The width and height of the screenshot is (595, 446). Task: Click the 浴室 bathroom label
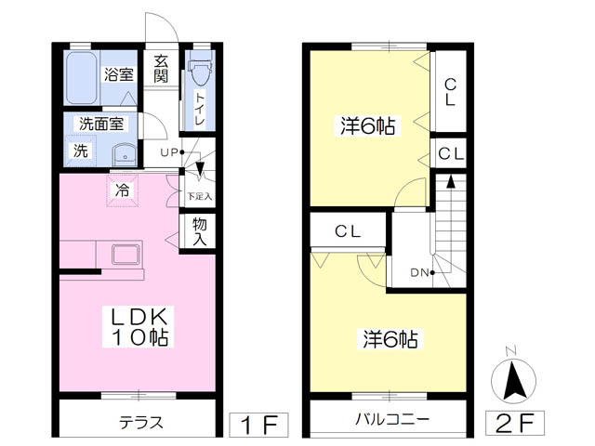tap(118, 75)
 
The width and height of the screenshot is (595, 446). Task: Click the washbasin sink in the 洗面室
tap(124, 154)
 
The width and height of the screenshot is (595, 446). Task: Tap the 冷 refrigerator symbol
tap(122, 191)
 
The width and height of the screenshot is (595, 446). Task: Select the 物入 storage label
tap(200, 230)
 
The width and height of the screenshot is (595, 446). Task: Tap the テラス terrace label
tap(141, 422)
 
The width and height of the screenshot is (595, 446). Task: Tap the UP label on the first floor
tap(168, 152)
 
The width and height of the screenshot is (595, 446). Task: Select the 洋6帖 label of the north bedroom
tap(367, 127)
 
